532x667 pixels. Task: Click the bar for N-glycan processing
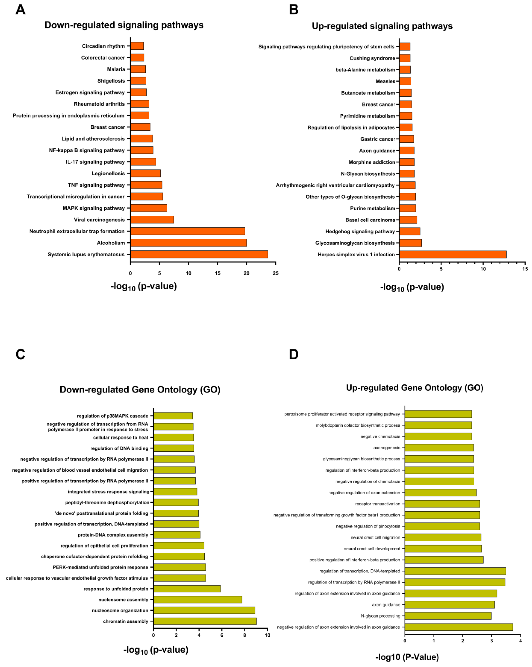point(448,616)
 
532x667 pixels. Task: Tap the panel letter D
point(294,354)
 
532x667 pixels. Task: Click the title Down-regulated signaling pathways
point(124,25)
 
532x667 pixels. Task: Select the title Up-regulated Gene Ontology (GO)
point(414,388)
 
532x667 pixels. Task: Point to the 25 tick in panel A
point(275,273)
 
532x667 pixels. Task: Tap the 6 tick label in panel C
point(222,635)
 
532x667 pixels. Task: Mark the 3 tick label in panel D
point(491,641)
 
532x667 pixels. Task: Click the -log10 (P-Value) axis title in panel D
point(407,657)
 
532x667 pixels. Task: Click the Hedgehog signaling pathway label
point(360,231)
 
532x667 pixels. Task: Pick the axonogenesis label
point(387,448)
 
